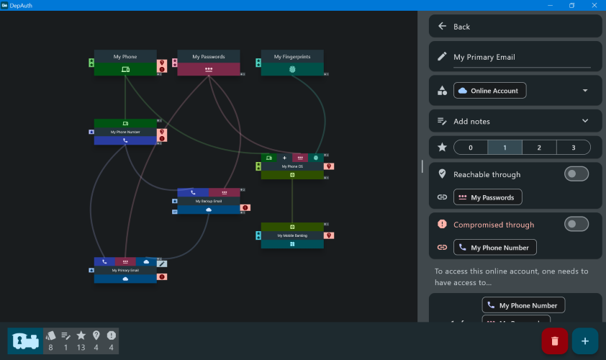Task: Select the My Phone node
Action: (125, 57)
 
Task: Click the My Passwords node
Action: (208, 57)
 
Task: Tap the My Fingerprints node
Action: (292, 57)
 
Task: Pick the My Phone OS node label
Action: (292, 166)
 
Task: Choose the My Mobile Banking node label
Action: (292, 235)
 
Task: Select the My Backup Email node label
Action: (208, 202)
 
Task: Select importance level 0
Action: (471, 148)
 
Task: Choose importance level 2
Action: (539, 148)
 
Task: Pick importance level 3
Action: (573, 148)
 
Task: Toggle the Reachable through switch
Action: (576, 174)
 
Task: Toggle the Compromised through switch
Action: (576, 225)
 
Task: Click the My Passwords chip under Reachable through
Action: (488, 197)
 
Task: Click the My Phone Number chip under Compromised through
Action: (495, 248)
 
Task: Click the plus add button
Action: (584, 341)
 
